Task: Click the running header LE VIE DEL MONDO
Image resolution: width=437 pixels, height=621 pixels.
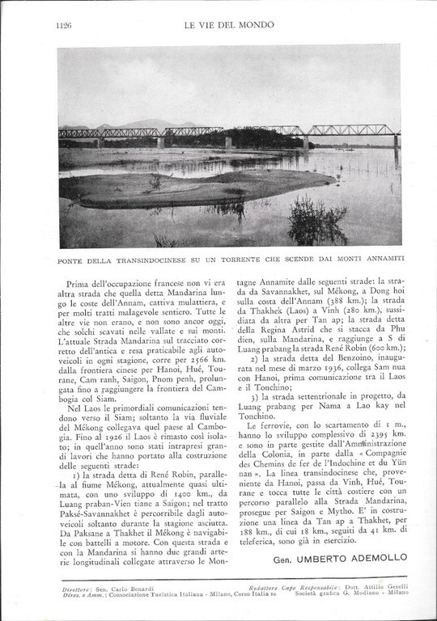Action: click(228, 25)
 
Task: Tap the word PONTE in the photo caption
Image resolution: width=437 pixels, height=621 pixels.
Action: click(74, 259)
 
